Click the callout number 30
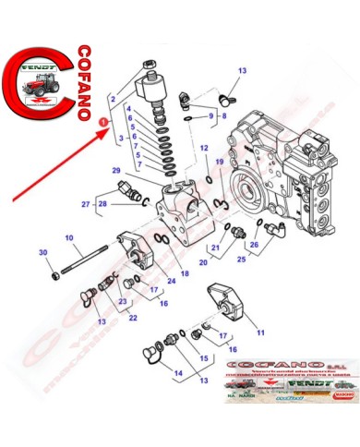[42, 253]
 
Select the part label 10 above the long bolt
[68, 239]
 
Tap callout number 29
[116, 171]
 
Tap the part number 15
[205, 358]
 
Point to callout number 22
[132, 319]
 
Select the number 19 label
[221, 163]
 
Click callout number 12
[204, 149]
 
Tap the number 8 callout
[222, 115]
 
